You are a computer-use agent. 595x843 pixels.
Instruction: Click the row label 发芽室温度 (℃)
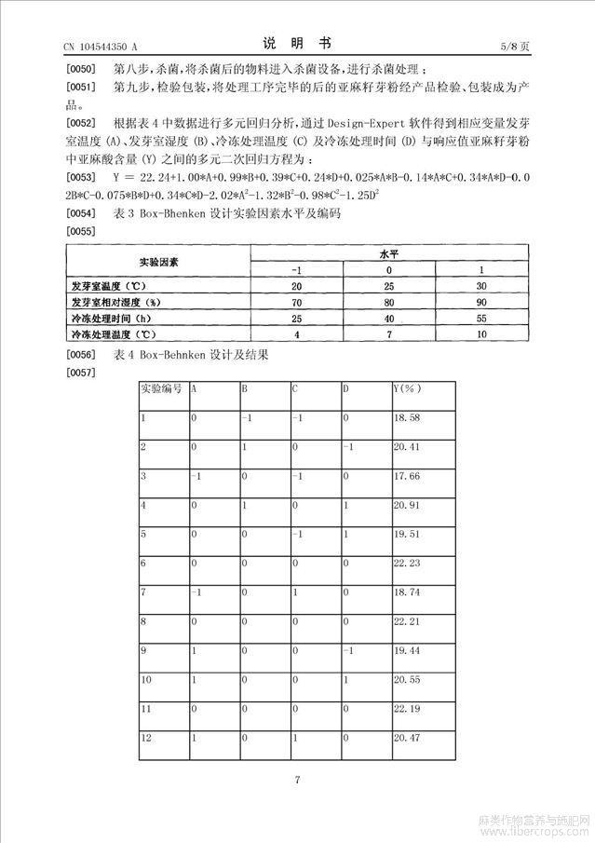(117, 286)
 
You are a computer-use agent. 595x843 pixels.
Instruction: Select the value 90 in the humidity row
(482, 302)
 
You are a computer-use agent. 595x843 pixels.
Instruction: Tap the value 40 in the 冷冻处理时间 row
(389, 318)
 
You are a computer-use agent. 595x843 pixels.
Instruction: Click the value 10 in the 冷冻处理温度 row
(482, 333)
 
